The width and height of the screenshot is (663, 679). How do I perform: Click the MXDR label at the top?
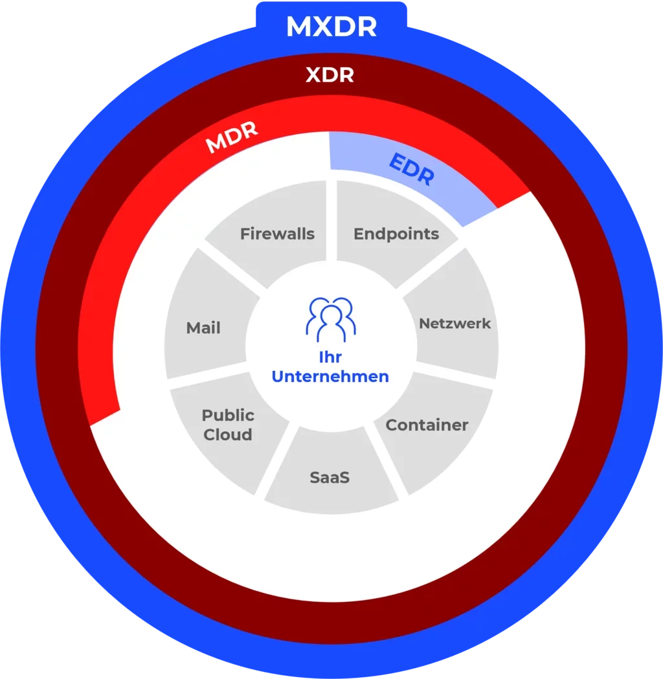[x=331, y=27]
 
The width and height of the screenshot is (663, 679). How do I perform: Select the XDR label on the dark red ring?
[x=330, y=76]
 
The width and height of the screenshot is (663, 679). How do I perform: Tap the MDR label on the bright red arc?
[x=232, y=137]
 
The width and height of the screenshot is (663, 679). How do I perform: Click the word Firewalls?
[x=277, y=234]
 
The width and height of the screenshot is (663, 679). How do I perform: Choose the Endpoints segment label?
[x=396, y=234]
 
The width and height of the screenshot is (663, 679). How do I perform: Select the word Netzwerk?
[x=455, y=323]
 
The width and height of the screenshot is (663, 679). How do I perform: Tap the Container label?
[x=427, y=425]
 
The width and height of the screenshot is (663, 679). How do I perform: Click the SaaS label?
[x=330, y=478]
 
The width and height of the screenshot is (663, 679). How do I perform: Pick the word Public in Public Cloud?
[x=228, y=415]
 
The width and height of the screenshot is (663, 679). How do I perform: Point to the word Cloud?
[x=228, y=434]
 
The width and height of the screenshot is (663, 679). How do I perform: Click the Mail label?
[x=203, y=328]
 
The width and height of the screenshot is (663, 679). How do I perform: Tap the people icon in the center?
[x=331, y=319]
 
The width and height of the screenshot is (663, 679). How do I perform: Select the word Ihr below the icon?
[x=330, y=357]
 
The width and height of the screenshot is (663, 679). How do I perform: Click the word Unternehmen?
[x=330, y=376]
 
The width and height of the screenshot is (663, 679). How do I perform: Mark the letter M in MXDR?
[x=298, y=27]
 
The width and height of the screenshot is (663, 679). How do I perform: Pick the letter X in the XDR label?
[x=313, y=76]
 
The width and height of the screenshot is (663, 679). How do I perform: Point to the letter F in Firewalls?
[x=245, y=234]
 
